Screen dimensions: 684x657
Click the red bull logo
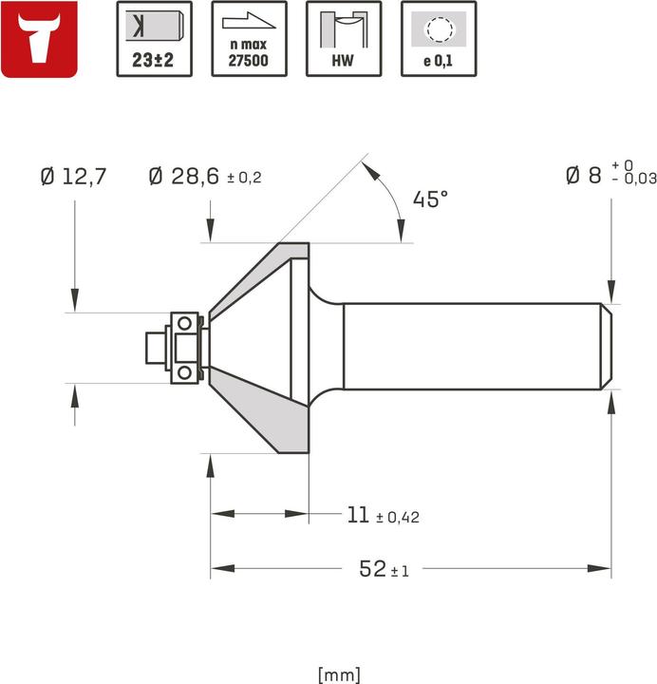pyautogui.click(x=41, y=39)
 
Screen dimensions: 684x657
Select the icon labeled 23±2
pyautogui.click(x=153, y=39)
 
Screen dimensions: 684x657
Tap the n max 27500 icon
pyautogui.click(x=248, y=39)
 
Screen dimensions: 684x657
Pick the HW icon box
pyautogui.click(x=343, y=39)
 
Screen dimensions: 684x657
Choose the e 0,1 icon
pyautogui.click(x=438, y=39)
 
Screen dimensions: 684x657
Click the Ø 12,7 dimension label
pyautogui.click(x=74, y=176)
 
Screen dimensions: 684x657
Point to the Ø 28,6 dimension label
pyautogui.click(x=184, y=176)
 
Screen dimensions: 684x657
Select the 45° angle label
pyautogui.click(x=429, y=199)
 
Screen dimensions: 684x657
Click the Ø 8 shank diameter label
pyautogui.click(x=585, y=175)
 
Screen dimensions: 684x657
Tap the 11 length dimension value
pyautogui.click(x=357, y=515)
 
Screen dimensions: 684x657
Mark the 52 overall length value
pyautogui.click(x=372, y=569)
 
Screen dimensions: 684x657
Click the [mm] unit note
pyautogui.click(x=339, y=674)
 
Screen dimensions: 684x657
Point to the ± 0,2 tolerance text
pyautogui.click(x=245, y=178)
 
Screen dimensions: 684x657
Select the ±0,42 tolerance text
pyautogui.click(x=398, y=517)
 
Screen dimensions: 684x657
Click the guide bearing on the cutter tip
pyautogui.click(x=186, y=347)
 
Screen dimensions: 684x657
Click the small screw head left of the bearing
pyautogui.click(x=152, y=347)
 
